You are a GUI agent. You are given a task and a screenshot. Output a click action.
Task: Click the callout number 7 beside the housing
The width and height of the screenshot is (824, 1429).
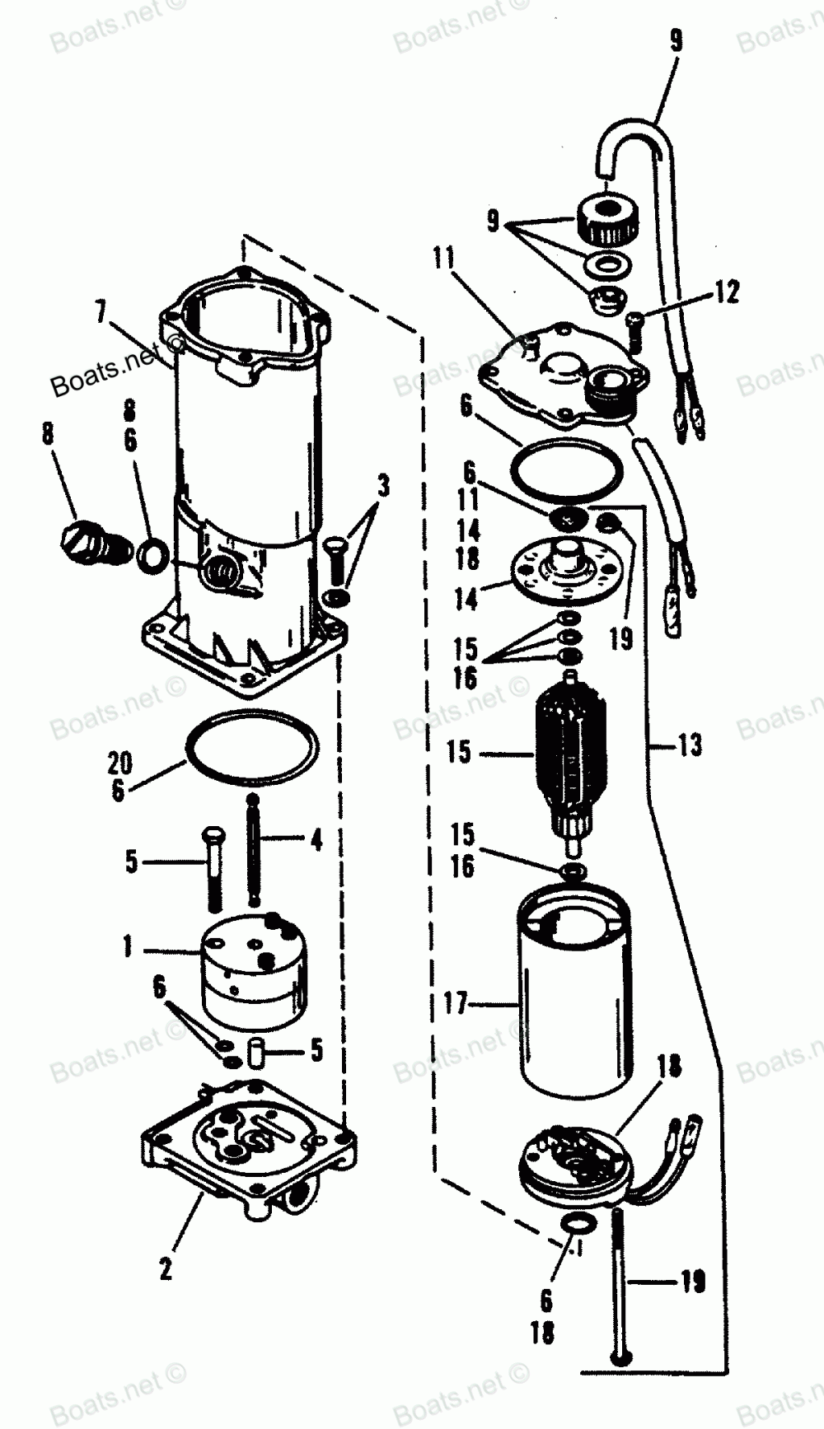[x=101, y=314]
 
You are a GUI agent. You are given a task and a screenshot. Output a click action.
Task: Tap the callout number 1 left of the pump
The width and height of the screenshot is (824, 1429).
[x=128, y=947]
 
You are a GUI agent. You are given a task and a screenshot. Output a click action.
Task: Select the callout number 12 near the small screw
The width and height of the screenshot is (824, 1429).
[x=727, y=292]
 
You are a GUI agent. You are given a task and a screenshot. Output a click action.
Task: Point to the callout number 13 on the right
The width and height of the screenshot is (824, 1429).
[x=690, y=745]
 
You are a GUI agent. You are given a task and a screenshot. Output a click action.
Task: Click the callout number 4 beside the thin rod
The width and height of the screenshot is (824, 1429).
[x=316, y=840]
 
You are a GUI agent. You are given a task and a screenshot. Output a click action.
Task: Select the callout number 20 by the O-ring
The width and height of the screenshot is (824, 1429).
[x=119, y=763]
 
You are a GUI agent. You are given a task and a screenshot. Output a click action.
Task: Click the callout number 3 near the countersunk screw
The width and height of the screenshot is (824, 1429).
[x=382, y=487]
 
